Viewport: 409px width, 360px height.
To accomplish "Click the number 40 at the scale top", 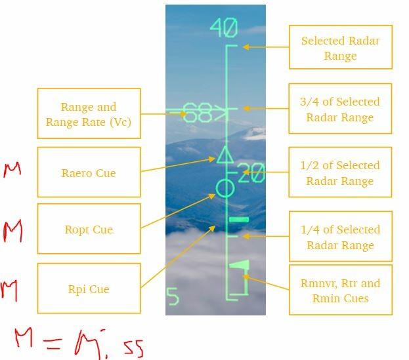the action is tap(224, 28).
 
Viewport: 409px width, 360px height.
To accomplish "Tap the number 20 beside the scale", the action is tap(251, 172).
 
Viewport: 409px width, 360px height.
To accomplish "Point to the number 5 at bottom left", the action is tap(173, 296).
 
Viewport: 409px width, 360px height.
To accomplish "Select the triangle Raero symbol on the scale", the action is tap(225, 155).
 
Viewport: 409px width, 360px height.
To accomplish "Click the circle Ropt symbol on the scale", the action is tap(225, 188).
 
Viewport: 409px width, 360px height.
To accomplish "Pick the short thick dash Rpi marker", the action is tap(239, 220).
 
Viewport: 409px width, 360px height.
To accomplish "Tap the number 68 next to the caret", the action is tap(198, 112).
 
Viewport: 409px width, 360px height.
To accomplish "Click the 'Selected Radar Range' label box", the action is tap(341, 47).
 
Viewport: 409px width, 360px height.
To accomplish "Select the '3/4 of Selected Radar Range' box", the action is tap(340, 108).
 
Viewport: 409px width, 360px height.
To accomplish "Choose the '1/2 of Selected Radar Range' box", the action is tap(340, 172).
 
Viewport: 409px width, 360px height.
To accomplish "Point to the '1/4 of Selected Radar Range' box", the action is tap(341, 236).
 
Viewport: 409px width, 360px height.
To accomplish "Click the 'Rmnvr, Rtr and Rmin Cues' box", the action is tap(341, 290).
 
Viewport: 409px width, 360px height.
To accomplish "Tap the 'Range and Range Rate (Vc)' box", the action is tap(89, 113).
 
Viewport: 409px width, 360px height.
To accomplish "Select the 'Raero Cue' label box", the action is tap(89, 172).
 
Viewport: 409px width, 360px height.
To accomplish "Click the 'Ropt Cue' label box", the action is tap(89, 229).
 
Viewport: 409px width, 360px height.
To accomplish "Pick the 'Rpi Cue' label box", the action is tap(89, 288).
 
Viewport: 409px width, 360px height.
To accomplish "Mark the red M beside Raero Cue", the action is tap(12, 170).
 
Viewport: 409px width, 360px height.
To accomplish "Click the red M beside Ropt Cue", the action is tap(12, 231).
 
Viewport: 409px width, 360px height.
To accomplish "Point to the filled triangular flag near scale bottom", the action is tap(239, 265).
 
